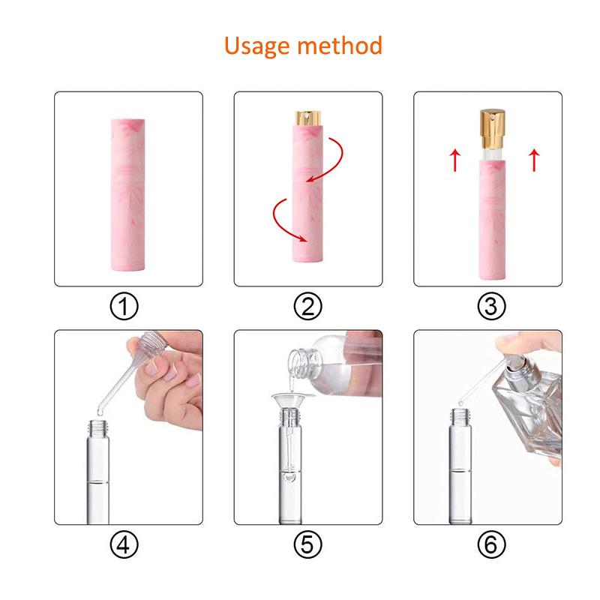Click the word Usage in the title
259,46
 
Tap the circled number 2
308,305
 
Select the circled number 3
488,305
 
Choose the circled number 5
308,544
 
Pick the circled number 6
488,544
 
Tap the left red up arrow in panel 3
454,160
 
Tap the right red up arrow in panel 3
534,160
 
